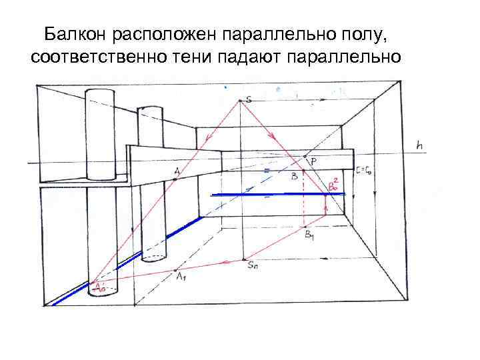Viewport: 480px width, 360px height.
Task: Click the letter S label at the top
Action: coord(249,100)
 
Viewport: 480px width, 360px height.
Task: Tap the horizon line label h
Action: coord(419,145)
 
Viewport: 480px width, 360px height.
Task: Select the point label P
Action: coord(313,160)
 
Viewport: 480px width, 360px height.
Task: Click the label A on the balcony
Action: coord(177,171)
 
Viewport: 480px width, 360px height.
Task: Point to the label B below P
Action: coord(294,176)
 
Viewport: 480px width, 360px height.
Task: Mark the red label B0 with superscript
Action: coord(332,185)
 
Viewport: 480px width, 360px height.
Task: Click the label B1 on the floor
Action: coord(310,234)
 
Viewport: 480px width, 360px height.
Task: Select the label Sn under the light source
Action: coord(253,265)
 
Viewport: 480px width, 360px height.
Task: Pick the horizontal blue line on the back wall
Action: coord(277,194)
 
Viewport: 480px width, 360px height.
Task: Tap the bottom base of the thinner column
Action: coord(153,256)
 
